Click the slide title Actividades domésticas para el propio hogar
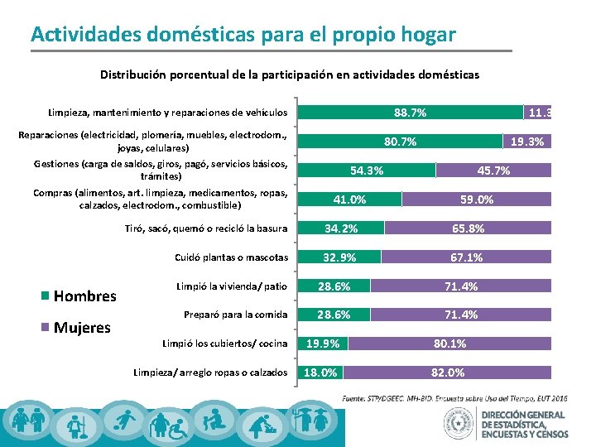[x=243, y=35]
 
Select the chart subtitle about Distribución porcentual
[x=290, y=74]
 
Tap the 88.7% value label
[x=411, y=112]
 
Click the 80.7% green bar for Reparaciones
[x=400, y=142]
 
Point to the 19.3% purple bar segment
[x=527, y=142]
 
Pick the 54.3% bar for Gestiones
[x=367, y=171]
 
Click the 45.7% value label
[x=494, y=171]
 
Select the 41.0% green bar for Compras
[x=349, y=199]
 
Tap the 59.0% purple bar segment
[x=477, y=199]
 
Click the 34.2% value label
[x=341, y=228]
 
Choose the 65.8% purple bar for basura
[x=468, y=228]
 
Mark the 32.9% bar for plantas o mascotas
[x=339, y=257]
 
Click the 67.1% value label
[x=466, y=257]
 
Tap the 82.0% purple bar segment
[x=448, y=372]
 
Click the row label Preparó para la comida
[x=235, y=315]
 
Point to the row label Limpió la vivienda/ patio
[x=231, y=286]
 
